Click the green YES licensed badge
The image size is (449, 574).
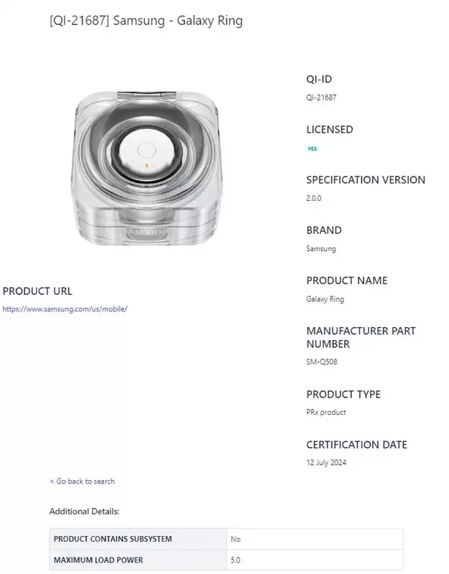(313, 149)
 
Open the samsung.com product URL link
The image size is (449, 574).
(65, 309)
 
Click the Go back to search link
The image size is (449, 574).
(82, 481)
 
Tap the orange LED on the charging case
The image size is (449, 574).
(146, 166)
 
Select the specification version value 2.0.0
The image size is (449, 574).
(313, 198)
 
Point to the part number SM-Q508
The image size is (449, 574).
(321, 362)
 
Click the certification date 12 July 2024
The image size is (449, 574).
(326, 462)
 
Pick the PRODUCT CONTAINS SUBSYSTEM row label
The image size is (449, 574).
(113, 539)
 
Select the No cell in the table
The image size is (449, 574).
(236, 539)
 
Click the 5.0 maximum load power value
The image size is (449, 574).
(235, 560)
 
